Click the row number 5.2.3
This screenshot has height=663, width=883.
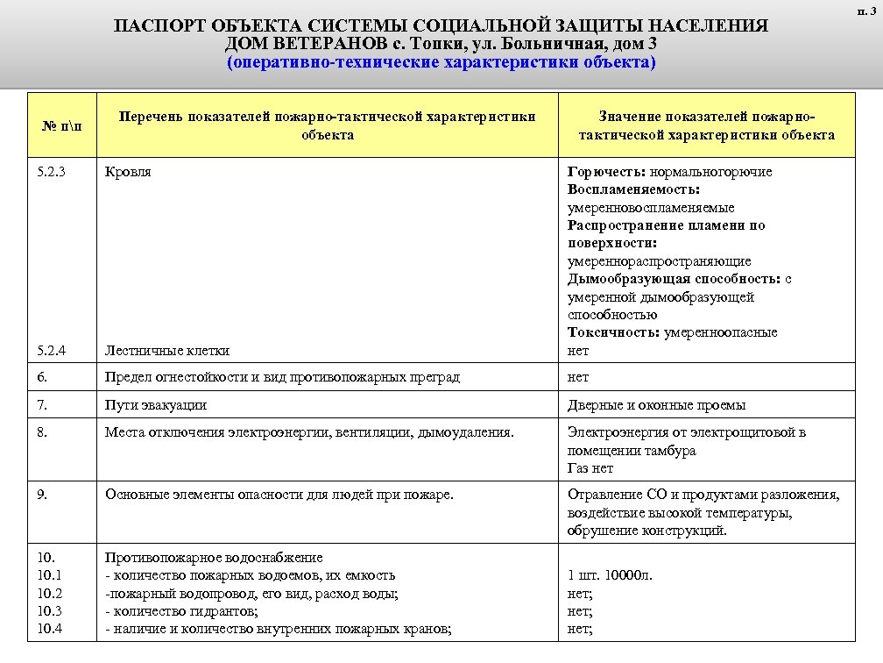pos(52,172)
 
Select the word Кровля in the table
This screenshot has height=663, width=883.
pos(128,172)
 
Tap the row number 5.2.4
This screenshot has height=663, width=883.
pos(52,351)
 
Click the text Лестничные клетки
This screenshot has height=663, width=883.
pos(167,351)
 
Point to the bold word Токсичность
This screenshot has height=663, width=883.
pos(613,332)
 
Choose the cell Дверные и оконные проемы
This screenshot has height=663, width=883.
pos(656,405)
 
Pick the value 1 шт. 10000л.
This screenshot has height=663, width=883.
pos(610,576)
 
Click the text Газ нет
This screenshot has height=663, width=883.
pos(590,468)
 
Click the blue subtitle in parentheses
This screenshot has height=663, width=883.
pos(441,63)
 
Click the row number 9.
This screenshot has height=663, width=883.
pos(44,495)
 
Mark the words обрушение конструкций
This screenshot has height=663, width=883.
pos(646,531)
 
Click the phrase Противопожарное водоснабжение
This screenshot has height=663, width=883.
pos(214,558)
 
